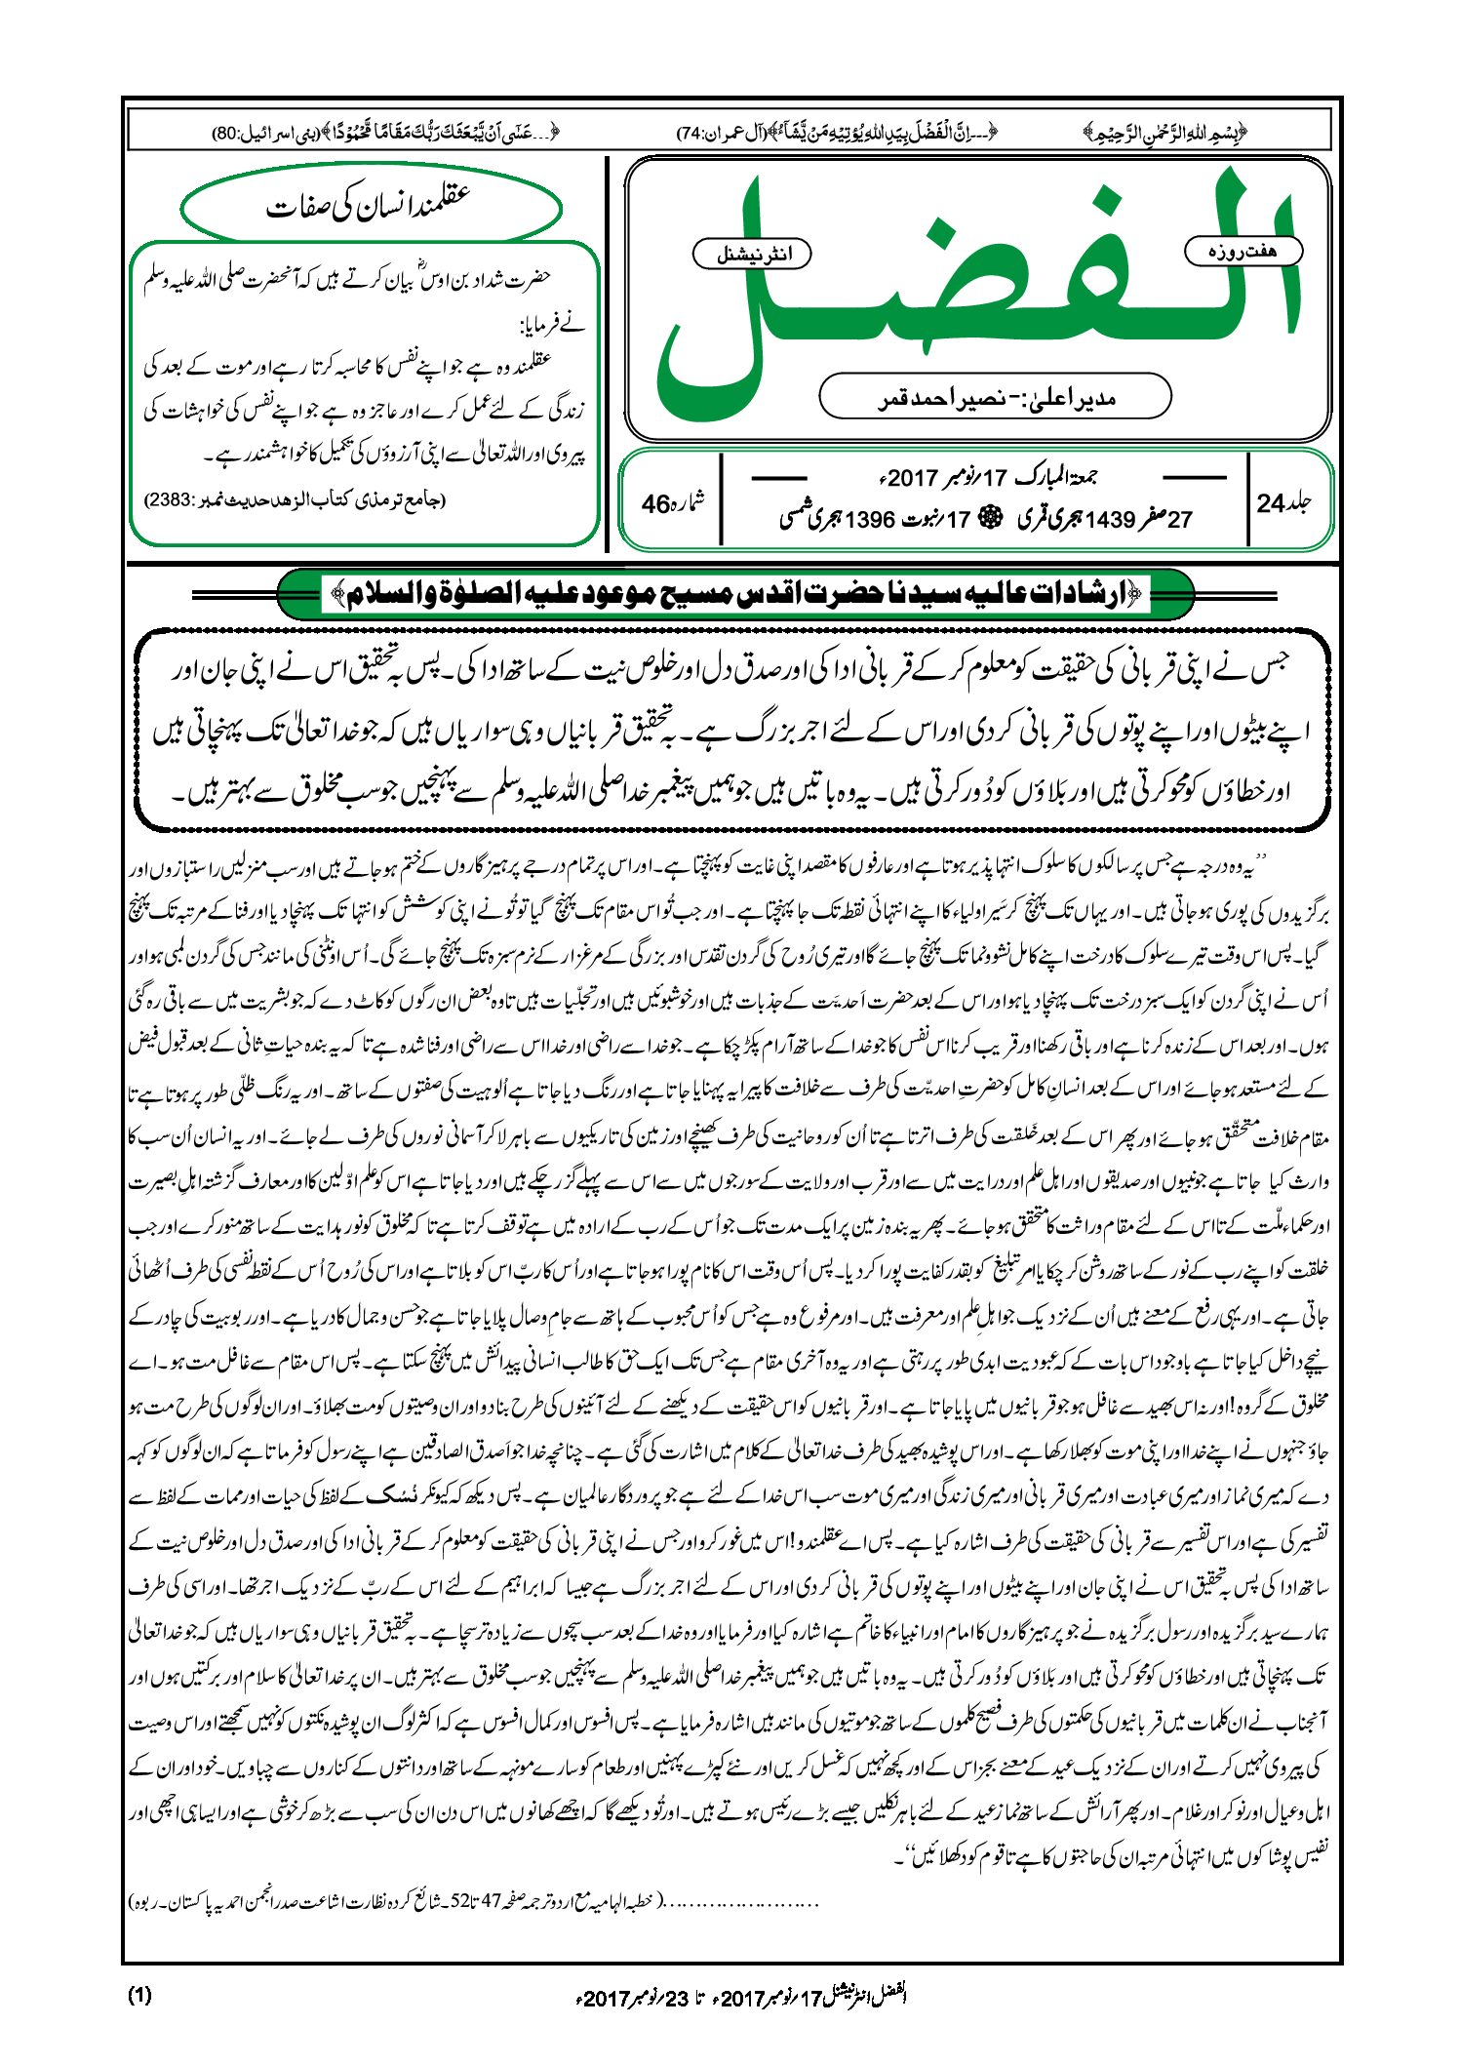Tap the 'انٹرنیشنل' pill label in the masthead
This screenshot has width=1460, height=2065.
(x=752, y=254)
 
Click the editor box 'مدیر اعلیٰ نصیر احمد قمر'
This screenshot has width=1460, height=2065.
(x=995, y=397)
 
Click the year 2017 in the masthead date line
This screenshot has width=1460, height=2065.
(x=912, y=478)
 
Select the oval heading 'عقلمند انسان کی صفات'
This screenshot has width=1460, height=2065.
(x=371, y=208)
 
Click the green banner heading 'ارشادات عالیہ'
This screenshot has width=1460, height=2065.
(x=736, y=593)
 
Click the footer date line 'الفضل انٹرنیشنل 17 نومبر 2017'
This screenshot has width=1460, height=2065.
(x=741, y=1996)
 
